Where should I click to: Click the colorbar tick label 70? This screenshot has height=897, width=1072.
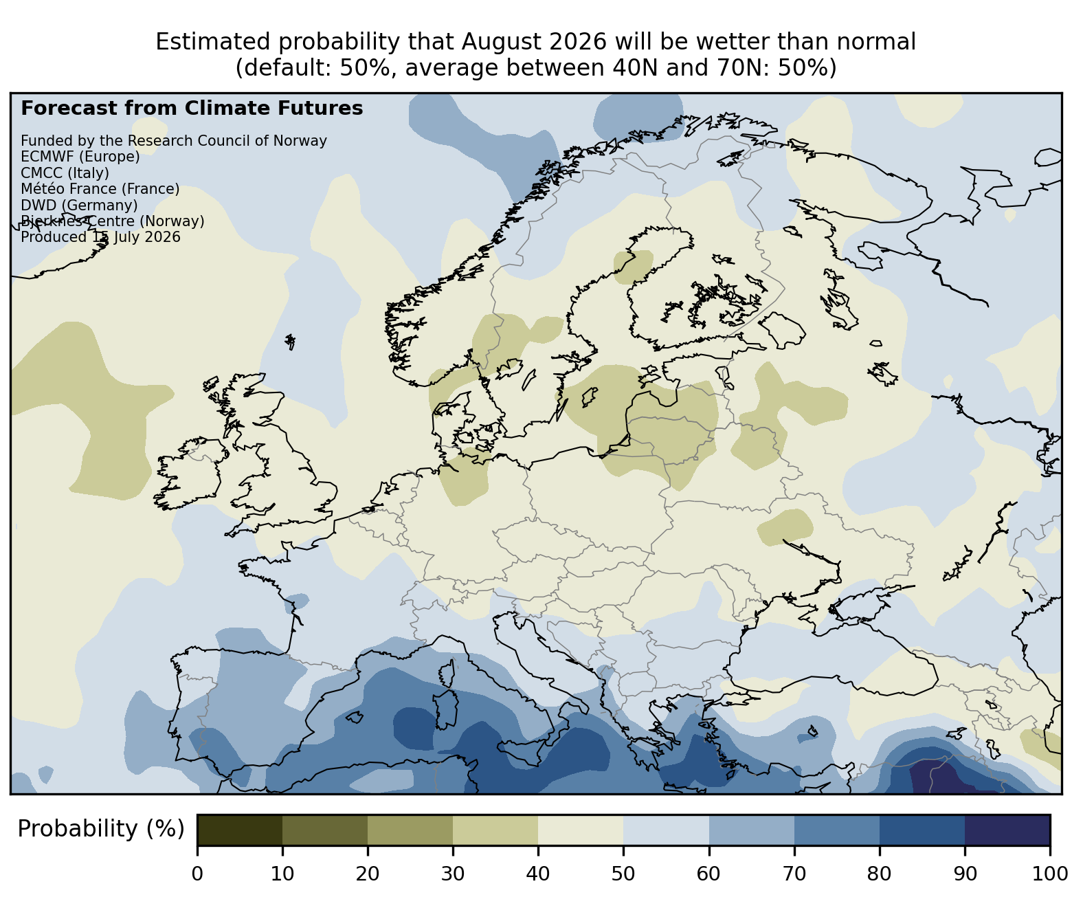click(794, 874)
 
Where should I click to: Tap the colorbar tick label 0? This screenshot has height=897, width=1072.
click(197, 874)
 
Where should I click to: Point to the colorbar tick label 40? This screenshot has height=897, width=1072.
click(538, 874)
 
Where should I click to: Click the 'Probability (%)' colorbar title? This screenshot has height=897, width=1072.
click(100, 829)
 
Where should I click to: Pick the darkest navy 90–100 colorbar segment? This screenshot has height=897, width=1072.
click(1007, 830)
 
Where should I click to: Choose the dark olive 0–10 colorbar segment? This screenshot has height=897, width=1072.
click(240, 830)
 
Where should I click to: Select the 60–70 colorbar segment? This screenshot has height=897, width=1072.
click(752, 830)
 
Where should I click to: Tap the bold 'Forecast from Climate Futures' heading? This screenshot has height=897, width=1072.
click(192, 109)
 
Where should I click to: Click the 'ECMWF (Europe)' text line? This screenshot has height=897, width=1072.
click(80, 157)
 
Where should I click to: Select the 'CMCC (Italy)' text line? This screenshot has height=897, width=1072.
click(65, 173)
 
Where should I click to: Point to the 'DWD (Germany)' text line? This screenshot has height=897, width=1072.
click(79, 206)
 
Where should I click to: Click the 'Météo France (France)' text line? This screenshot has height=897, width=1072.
click(100, 189)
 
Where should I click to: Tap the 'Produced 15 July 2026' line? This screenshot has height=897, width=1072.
click(100, 237)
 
